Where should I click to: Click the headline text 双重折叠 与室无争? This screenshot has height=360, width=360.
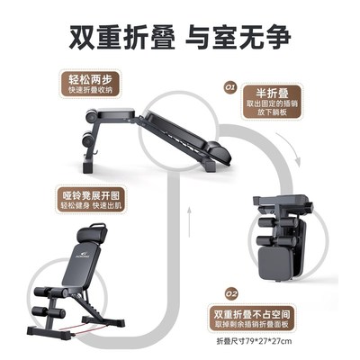tap(180, 38)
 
